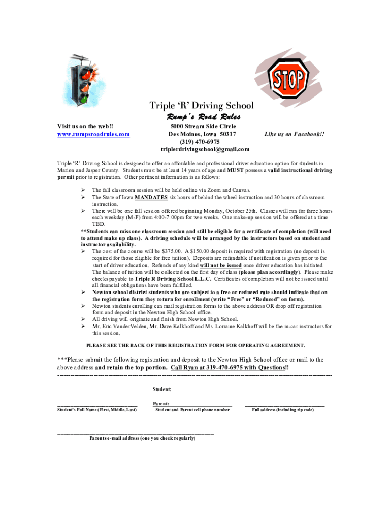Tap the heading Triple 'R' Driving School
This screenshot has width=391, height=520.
click(x=202, y=106)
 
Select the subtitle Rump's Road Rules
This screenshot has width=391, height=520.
click(x=202, y=117)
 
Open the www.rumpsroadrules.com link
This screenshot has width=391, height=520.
click(x=93, y=134)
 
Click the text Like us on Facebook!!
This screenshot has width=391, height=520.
click(x=295, y=134)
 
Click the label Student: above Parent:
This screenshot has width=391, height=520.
click(x=161, y=389)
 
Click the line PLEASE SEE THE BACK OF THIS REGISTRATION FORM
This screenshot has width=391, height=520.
click(x=196, y=345)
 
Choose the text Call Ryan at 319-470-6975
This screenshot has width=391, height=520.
click(x=228, y=367)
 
